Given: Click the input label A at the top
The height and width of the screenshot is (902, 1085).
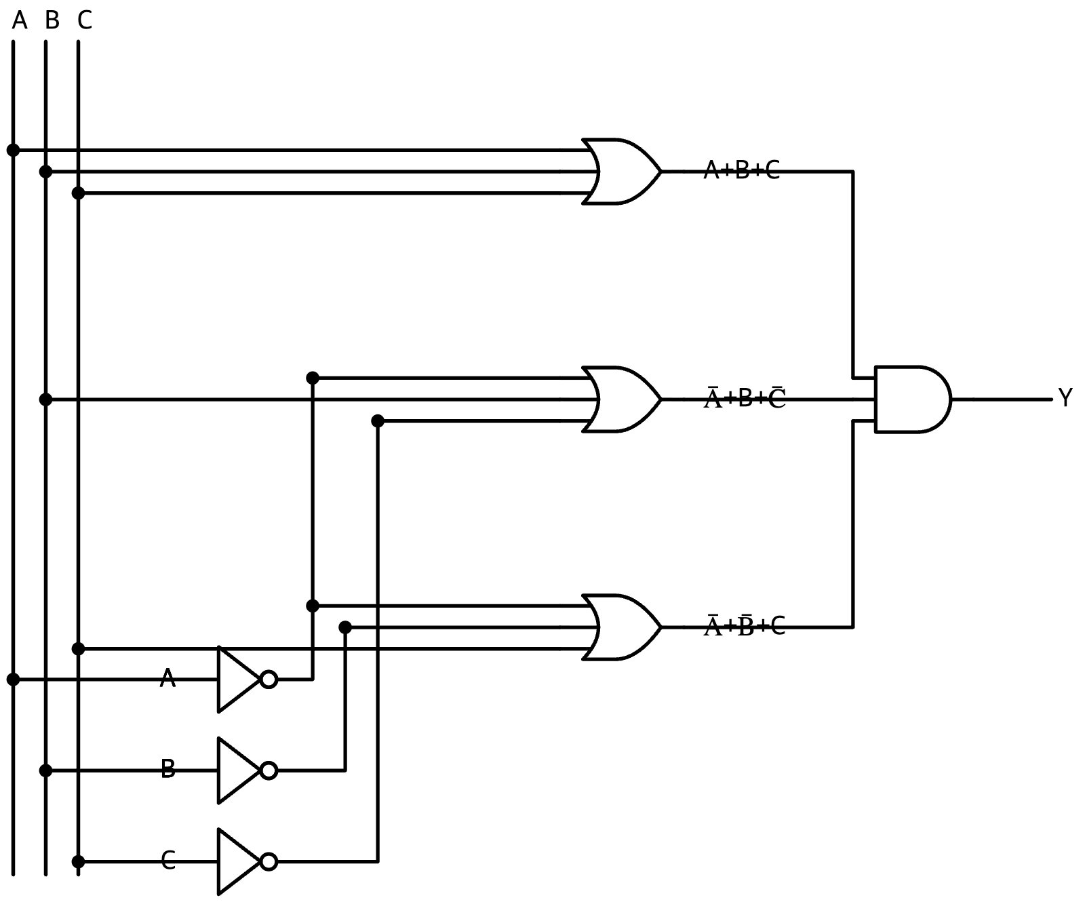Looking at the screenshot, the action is pos(20,21).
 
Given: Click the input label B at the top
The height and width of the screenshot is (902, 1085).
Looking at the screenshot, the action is pos(52,21).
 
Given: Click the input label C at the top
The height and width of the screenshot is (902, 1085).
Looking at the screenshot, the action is pos(84,21).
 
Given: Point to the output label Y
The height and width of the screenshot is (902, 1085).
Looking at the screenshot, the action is pos(1065,398).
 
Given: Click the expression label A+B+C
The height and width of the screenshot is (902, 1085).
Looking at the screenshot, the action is pos(742,170).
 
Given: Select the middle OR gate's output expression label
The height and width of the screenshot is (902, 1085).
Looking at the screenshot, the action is pos(745,397).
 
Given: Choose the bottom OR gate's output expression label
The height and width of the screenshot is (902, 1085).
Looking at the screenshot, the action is pos(745,625).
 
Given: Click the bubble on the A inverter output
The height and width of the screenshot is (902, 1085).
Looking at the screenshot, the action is pos(269,679).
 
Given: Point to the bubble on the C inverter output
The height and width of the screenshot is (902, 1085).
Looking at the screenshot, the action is pos(269,861).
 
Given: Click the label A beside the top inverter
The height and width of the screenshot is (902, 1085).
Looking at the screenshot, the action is pos(167,678).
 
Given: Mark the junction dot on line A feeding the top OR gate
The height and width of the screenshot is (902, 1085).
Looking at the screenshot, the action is pos(13,150).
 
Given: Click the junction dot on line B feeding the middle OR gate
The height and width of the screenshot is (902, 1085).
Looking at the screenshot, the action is pos(45,399).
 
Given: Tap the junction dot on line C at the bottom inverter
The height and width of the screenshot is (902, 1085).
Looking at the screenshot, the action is pos(78,861).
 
